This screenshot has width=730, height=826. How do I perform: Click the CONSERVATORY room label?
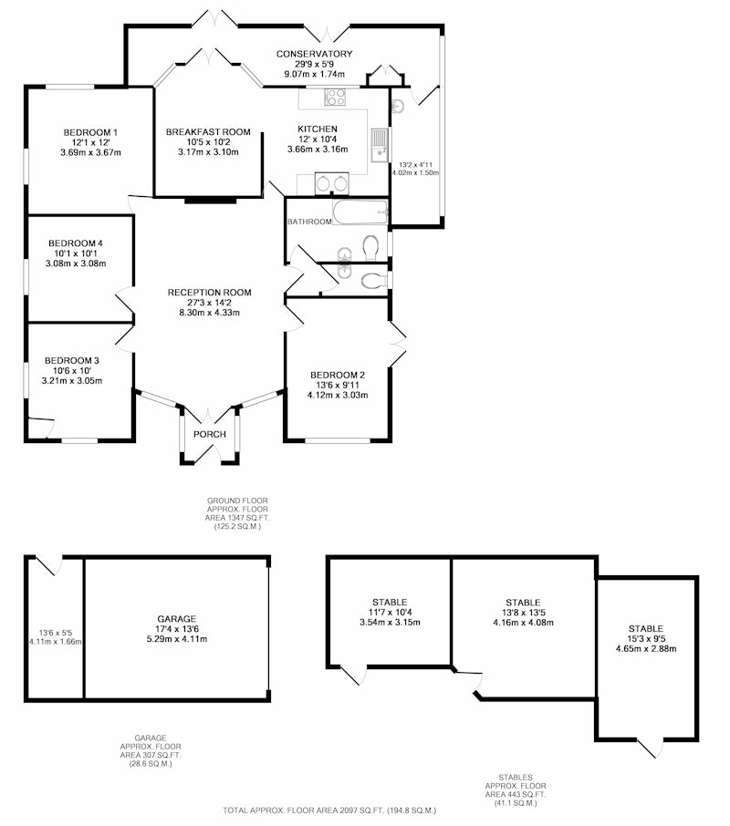point(314,54)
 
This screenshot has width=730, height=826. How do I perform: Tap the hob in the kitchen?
point(336,97)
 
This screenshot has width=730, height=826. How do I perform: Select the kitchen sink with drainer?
point(379,145)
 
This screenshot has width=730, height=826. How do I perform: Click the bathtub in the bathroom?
point(360,212)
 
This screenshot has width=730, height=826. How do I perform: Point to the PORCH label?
point(209,434)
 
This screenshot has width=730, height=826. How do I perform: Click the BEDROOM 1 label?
point(90,132)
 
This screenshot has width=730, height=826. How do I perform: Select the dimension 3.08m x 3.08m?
point(76,263)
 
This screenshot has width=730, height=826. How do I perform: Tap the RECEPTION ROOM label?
point(209,293)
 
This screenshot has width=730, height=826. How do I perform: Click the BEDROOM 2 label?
point(338,375)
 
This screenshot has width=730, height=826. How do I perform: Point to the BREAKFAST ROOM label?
point(208,132)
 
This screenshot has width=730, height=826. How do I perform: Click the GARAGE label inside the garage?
point(177,619)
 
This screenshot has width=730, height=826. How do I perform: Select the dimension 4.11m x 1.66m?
point(56,642)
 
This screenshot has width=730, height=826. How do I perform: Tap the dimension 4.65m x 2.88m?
point(646,649)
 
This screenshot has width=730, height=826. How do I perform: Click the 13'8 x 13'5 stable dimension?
point(523,613)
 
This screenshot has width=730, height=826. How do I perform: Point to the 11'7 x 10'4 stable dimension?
point(390,612)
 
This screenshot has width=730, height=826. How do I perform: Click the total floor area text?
point(329,811)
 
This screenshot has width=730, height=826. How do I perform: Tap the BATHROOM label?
point(309,222)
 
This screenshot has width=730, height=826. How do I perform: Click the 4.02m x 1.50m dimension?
point(416,172)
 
